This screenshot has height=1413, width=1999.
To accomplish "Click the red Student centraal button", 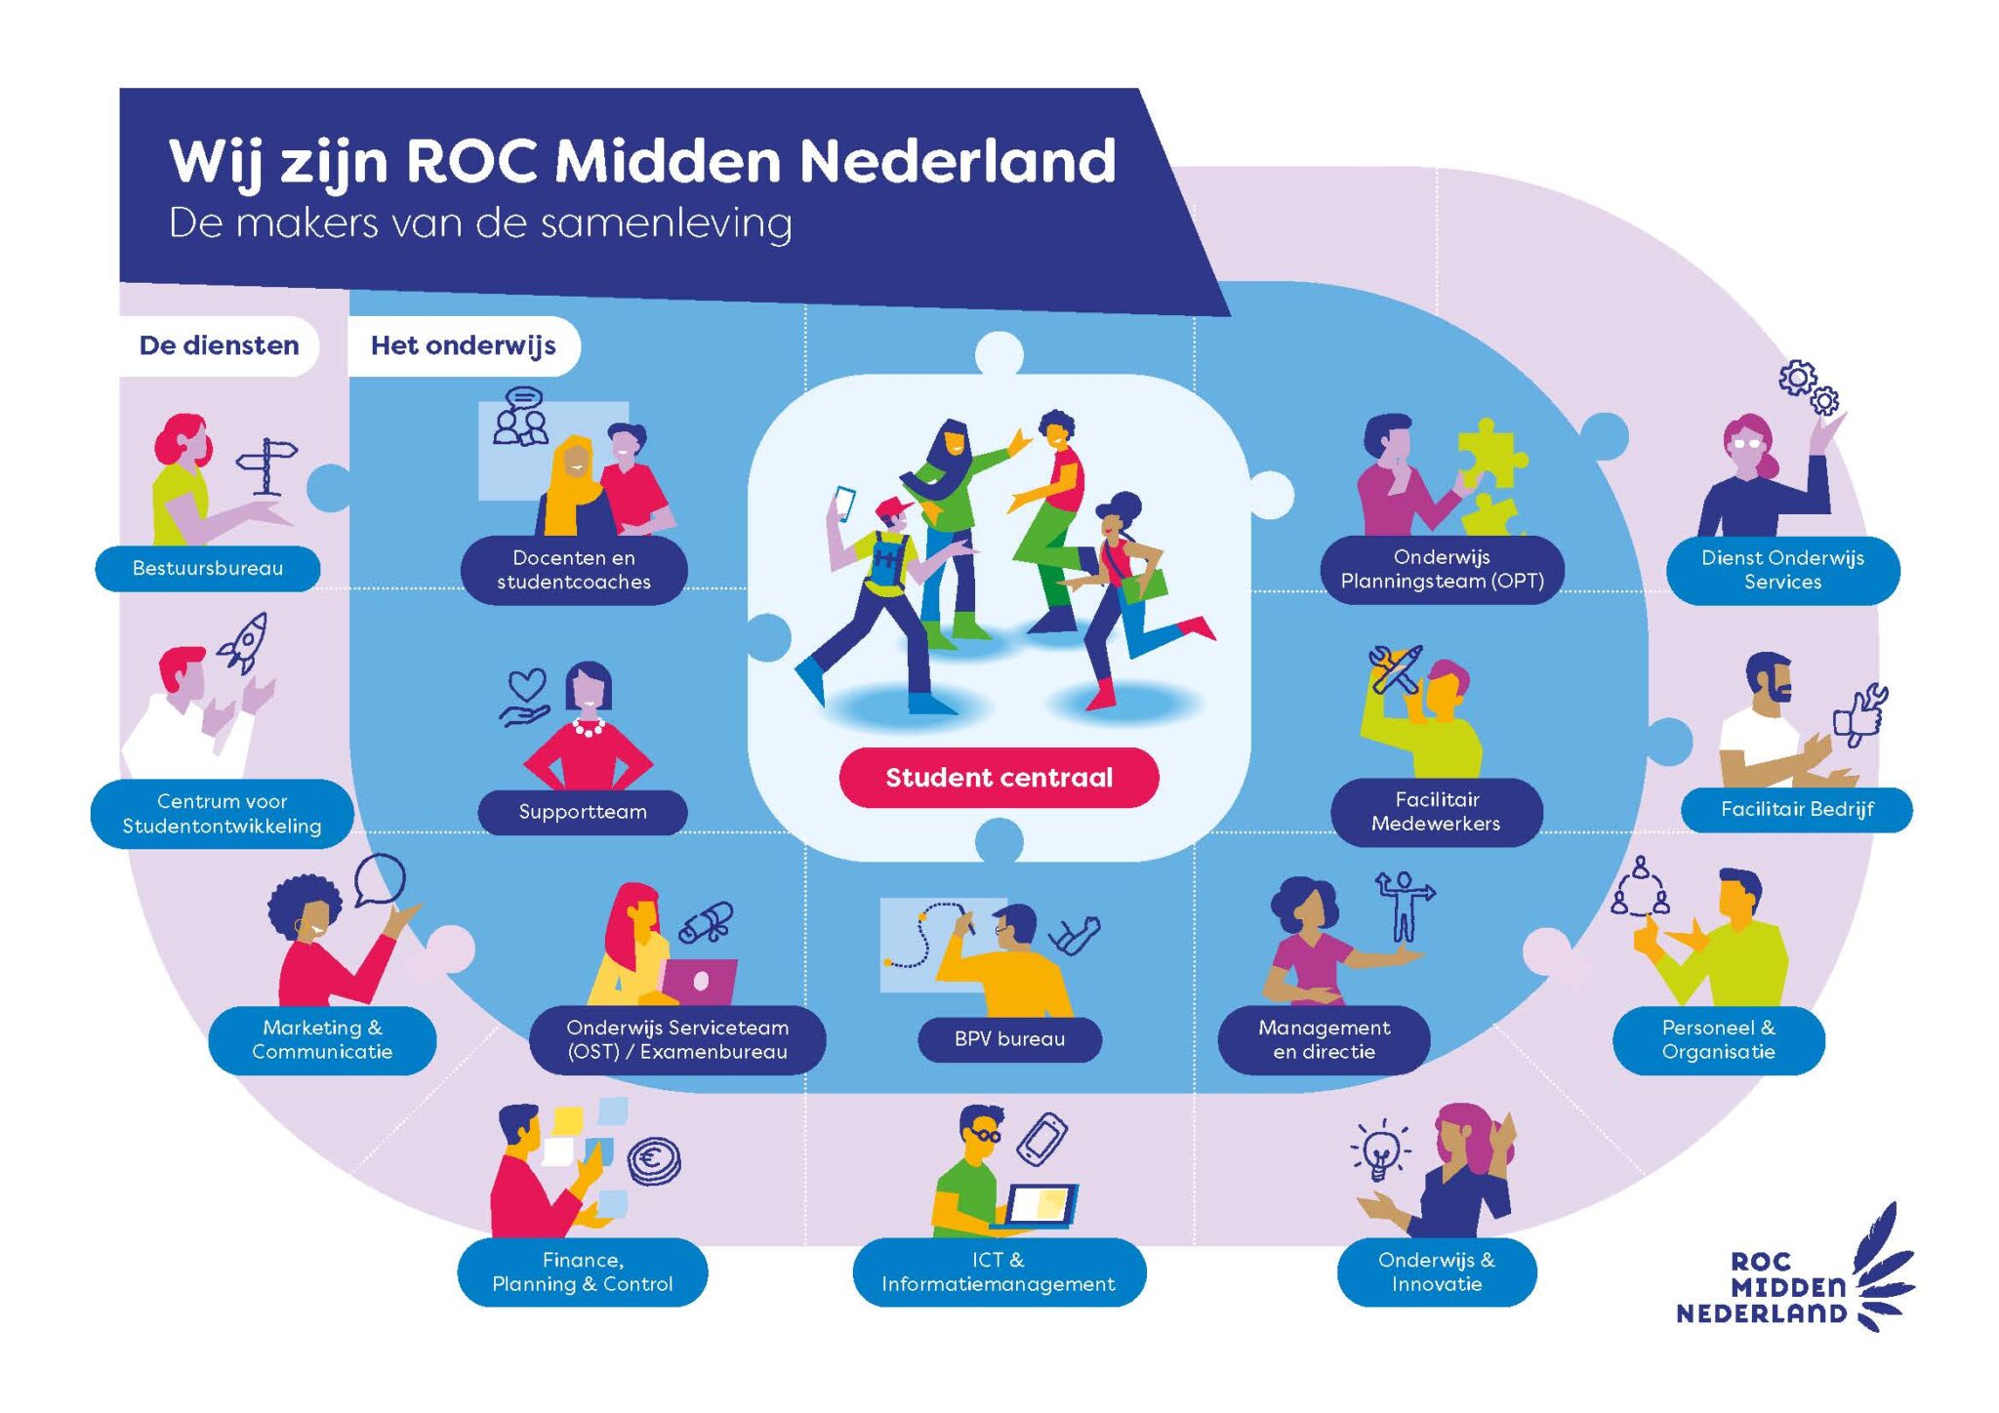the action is point(999,778).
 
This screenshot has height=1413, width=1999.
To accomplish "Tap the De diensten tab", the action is point(219,345).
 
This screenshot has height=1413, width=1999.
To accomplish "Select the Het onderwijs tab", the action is point(464,345).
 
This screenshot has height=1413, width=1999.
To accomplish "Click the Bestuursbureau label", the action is point(207,569).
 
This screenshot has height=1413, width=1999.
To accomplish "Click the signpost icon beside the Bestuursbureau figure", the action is point(267,464).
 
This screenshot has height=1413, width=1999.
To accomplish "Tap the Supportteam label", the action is point(583,812).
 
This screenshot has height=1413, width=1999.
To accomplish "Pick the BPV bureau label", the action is point(1009,1039).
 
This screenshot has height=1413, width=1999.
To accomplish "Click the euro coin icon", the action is point(654,1161).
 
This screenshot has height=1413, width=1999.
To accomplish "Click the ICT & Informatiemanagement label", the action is point(999,1272).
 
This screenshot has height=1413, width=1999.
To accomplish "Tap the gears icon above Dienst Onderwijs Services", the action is point(1808,386).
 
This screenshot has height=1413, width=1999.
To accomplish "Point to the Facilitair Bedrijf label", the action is point(1796,809).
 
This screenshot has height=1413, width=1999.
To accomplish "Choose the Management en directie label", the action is point(1324,1040).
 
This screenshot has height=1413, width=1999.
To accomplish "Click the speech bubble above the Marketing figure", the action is point(380,878).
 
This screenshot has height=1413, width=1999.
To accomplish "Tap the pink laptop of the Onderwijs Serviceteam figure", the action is point(698,981).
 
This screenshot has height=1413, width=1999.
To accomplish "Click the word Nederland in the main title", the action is point(957,161).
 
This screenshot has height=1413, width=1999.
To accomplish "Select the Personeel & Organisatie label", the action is point(1718,1040).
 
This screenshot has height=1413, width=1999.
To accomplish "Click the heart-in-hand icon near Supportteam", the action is point(526,698).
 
